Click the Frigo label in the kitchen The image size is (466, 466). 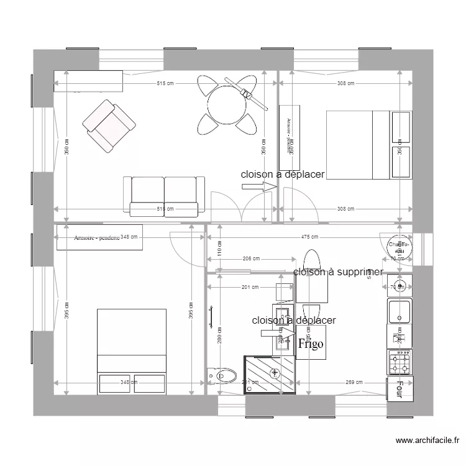[310, 344]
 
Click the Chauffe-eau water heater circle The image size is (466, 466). [398, 246]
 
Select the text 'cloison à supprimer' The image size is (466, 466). [337, 272]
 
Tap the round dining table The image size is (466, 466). [227, 103]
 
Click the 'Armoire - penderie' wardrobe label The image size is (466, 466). [97, 237]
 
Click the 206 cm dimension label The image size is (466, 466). [251, 259]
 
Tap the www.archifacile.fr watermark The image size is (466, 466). [427, 441]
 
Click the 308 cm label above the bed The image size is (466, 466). [345, 83]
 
